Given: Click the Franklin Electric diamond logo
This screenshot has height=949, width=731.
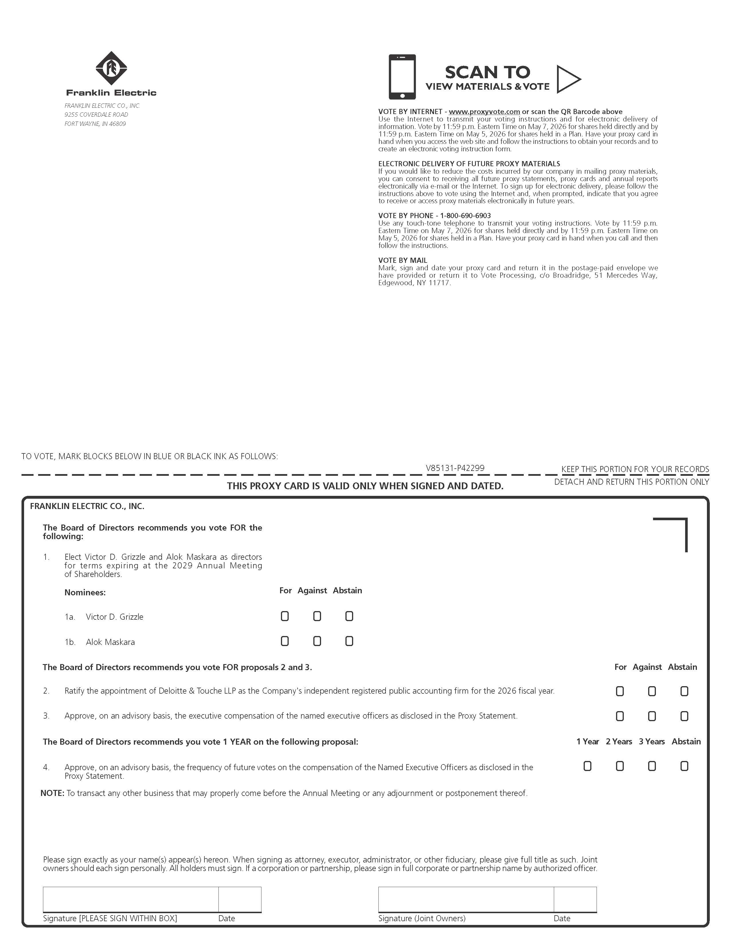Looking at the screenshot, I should pos(111,68).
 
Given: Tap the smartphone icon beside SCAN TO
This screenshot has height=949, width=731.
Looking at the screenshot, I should pos(402,77).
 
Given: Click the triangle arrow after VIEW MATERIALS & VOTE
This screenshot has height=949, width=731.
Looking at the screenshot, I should pos(568,79).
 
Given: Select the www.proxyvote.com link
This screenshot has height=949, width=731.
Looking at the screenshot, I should pos(484,112).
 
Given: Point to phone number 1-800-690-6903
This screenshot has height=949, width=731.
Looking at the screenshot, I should pos(466,216).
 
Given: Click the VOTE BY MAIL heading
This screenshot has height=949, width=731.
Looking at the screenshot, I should pos(402,260).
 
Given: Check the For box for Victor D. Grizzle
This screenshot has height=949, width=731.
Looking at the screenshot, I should pos(285,616).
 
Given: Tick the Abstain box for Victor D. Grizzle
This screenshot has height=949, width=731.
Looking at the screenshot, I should pos(349,616).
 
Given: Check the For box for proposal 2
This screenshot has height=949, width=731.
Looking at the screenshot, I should pos(620,691).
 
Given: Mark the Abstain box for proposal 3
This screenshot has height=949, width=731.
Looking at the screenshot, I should pos(684,716).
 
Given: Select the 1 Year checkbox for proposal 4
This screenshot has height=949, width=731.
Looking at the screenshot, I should pos(587,766).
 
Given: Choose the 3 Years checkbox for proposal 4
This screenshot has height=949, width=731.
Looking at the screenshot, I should pos(652,766).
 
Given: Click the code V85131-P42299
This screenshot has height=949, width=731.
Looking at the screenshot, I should pos(455,468).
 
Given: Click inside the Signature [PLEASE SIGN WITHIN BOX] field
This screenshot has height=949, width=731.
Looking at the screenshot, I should pos(130,899).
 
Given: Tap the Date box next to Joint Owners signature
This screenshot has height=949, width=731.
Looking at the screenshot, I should pos(575,899).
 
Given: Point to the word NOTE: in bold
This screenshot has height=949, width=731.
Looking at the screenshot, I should pos(52,793).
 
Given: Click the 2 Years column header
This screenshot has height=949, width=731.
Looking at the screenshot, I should pos(619,741).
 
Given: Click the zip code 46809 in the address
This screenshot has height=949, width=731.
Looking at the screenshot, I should pos(117,124).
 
